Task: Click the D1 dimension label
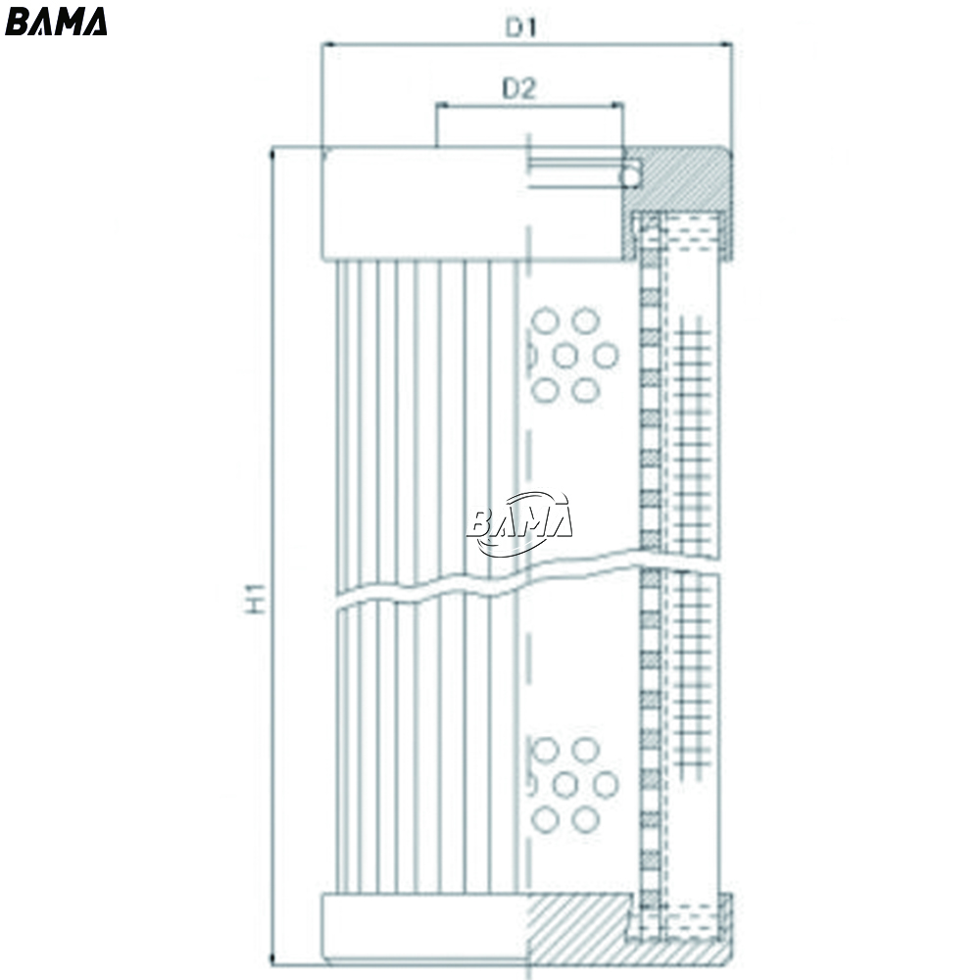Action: (521, 26)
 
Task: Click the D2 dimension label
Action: (519, 89)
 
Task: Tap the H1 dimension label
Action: (255, 598)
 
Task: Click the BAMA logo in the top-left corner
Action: (56, 22)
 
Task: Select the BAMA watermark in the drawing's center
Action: (519, 523)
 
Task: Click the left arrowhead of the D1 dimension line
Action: (327, 44)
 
